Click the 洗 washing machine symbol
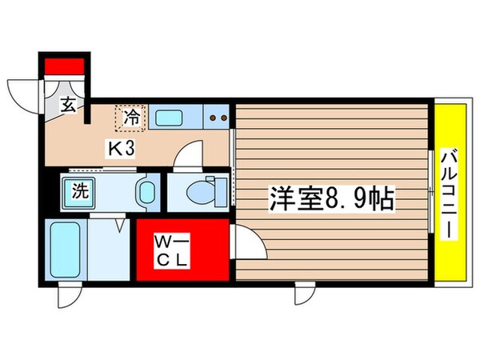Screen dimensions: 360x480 80,192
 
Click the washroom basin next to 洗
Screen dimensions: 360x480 146,192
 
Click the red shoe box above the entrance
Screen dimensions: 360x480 64,65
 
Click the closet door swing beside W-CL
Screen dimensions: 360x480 248,242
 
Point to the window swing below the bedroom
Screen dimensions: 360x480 305,294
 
